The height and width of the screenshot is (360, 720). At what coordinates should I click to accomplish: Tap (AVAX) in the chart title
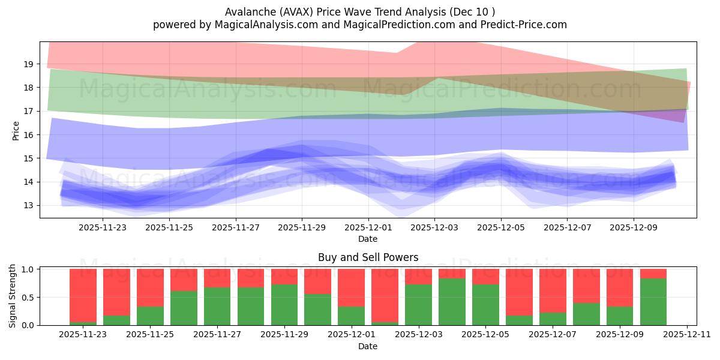[x=292, y=12]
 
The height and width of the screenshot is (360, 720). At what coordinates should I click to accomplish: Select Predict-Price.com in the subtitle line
[x=520, y=25]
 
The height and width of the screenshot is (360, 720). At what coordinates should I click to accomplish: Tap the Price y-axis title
[x=16, y=130]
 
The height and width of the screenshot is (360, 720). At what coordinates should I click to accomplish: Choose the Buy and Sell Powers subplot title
[x=368, y=257]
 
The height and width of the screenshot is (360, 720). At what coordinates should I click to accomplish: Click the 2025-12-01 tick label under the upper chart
[x=368, y=228]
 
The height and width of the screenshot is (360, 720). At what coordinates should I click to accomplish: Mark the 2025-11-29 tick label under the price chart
[x=302, y=228]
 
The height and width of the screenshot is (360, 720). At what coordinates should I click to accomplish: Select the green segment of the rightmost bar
[x=653, y=302]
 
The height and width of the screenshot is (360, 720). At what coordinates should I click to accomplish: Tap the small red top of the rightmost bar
[x=653, y=274]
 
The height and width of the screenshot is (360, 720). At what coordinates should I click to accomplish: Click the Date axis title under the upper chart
[x=368, y=239]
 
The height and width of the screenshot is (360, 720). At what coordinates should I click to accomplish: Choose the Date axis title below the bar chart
[x=368, y=346]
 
